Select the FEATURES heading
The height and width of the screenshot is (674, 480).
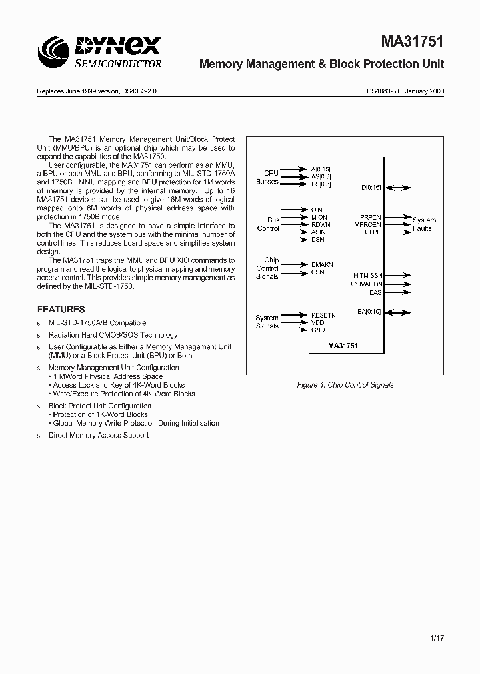61,309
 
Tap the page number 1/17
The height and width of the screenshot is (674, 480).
437,637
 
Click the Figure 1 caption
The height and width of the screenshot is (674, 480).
345,385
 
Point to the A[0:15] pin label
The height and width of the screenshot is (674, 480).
321,170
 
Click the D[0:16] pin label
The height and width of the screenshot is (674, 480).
371,188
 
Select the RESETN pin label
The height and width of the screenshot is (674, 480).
323,314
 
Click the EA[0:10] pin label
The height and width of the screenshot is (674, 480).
370,311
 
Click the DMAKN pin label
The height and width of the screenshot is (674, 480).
322,264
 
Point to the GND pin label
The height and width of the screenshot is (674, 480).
318,330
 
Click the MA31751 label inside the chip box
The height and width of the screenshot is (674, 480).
344,346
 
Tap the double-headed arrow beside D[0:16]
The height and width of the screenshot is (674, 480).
398,188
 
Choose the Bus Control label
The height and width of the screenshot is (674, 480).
269,224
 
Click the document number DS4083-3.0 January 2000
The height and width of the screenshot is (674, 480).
405,91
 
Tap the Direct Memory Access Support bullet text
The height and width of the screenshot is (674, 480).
98,435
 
